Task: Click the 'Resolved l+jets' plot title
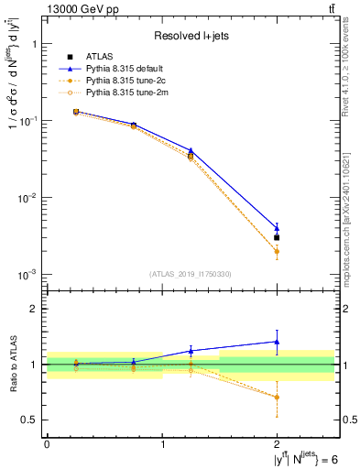coord(191,37)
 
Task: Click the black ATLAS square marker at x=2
coord(277,237)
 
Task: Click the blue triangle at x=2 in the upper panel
coord(277,228)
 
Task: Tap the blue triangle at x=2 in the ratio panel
coord(277,342)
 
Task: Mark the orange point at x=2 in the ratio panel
coord(277,397)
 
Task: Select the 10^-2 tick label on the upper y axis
coord(27,198)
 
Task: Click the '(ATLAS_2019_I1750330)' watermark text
coord(191,274)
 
